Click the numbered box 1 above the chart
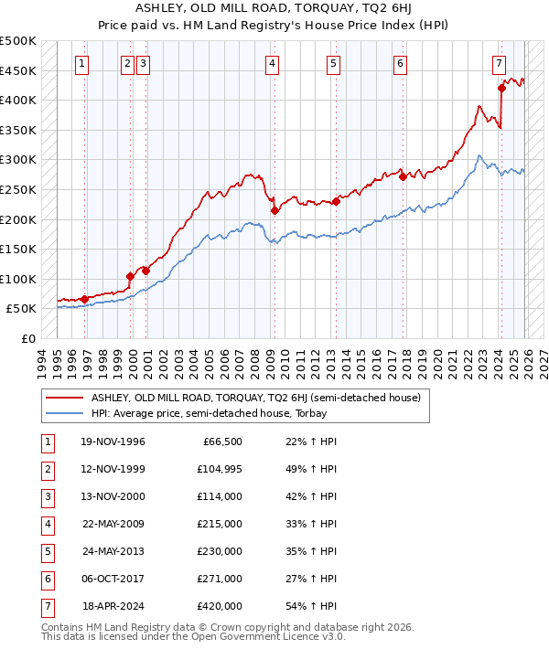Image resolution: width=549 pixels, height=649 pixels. coord(83,64)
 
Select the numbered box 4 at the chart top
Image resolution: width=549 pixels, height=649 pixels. coord(273,64)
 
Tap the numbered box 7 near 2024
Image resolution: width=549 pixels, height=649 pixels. coord(499,64)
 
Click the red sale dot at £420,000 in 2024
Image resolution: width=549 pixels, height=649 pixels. coord(501,88)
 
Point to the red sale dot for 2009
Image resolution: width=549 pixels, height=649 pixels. coord(274,210)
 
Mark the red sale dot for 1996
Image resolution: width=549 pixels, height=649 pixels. coord(84,299)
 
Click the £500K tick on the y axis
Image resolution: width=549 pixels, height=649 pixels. coord(17,41)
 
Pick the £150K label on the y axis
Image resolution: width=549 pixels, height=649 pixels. coord(17,249)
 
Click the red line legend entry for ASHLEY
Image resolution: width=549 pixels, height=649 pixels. coord(254,398)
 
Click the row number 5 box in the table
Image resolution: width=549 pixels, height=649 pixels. coord(45,552)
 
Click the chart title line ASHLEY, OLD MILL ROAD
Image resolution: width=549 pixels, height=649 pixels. coord(274,6)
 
